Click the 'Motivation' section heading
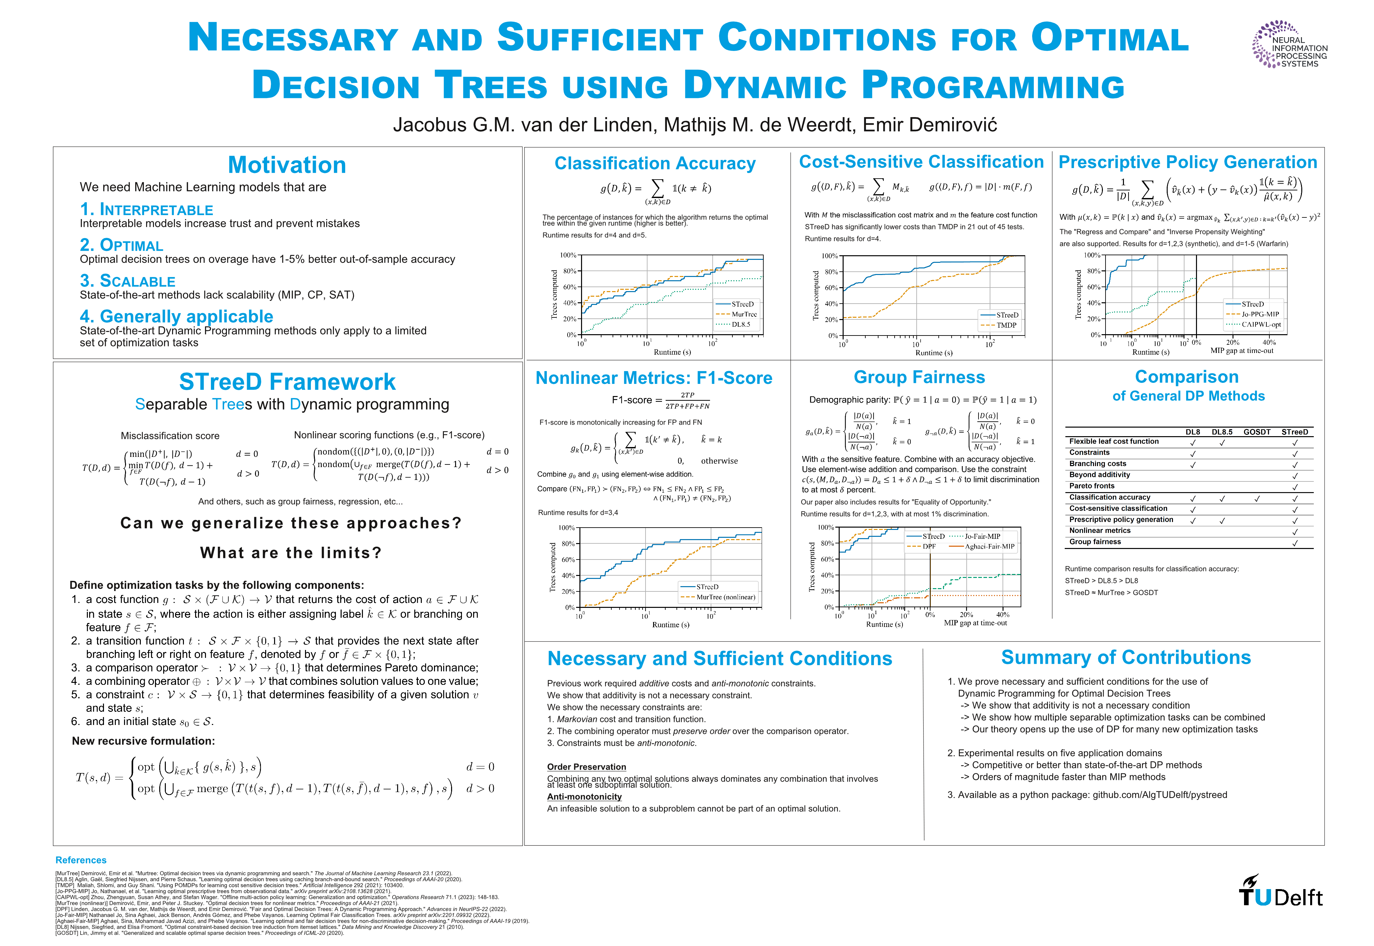tap(287, 165)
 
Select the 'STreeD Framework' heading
tap(287, 382)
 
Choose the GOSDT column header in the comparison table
tap(1257, 432)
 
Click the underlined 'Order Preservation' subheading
tap(586, 767)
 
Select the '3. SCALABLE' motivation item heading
tap(128, 281)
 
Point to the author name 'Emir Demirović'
tap(929, 125)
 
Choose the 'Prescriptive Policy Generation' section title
tap(1188, 162)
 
